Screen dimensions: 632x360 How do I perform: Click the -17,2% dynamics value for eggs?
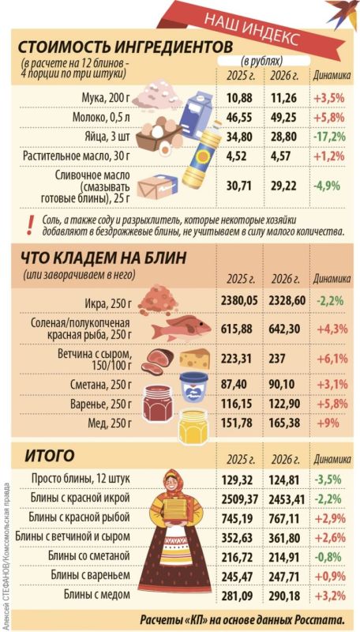pos(328,137)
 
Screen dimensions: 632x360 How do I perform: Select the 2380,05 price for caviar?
pos(240,299)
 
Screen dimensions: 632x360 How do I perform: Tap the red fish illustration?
pos(178,326)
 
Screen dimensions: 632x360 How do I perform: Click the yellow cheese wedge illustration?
pos(195,359)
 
